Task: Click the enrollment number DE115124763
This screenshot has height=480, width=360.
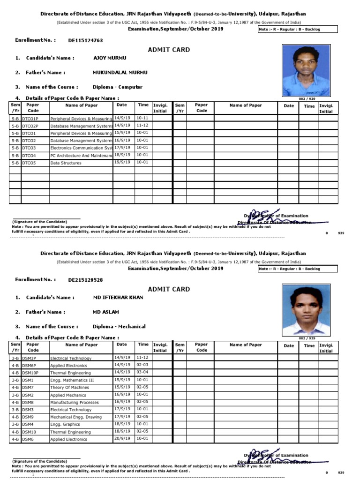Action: point(86,41)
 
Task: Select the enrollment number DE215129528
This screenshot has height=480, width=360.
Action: point(86,280)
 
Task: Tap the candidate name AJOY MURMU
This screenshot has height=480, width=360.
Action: point(110,58)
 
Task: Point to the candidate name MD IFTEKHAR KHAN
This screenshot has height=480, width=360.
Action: point(119,297)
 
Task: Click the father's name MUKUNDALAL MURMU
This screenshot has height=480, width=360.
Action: point(120,73)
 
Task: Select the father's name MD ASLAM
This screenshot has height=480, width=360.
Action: point(106,312)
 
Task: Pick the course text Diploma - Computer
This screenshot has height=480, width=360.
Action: point(118,87)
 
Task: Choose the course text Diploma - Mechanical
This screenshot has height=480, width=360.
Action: point(119,327)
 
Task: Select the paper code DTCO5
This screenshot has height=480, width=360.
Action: point(29,163)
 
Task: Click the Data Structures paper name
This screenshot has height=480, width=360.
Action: point(66,163)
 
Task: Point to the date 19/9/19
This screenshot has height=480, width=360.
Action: point(122,162)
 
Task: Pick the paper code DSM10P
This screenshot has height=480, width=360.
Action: point(30,373)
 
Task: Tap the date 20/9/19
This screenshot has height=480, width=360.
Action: point(122,439)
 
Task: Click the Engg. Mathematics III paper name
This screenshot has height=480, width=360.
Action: point(72,380)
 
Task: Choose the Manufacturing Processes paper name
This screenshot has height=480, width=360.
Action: point(75,403)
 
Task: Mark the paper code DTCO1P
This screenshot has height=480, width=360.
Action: point(30,119)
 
